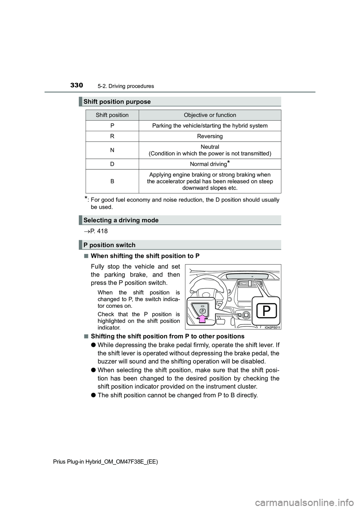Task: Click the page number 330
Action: tap(76, 85)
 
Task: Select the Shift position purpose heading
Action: tap(117, 102)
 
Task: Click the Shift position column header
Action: tap(112, 115)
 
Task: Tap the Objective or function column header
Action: tap(210, 115)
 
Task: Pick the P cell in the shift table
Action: tap(112, 126)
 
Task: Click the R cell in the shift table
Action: tap(112, 136)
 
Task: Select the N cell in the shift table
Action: tap(112, 150)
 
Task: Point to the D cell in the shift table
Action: tap(112, 164)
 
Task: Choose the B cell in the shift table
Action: tap(112, 181)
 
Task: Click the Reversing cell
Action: tap(210, 136)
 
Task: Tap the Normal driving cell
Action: tap(210, 164)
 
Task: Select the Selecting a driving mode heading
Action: tap(121, 220)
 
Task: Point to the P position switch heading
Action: tap(109, 245)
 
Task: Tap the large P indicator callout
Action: tap(266, 311)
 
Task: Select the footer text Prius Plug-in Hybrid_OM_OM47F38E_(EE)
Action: tap(105, 462)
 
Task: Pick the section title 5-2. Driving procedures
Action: tap(126, 86)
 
